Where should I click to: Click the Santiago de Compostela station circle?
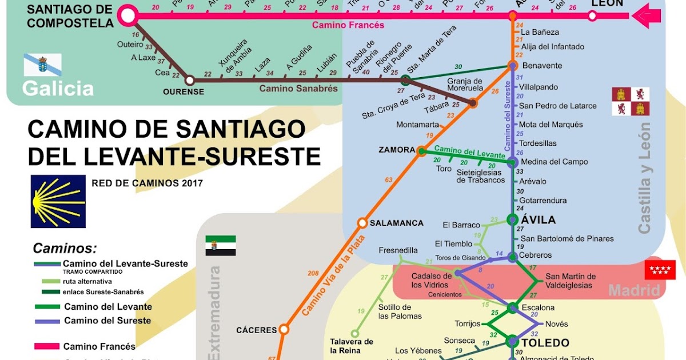[x=128, y=15]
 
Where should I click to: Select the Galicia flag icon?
[x=42, y=65]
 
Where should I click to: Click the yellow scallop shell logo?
[x=58, y=202]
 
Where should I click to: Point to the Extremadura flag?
[x=221, y=245]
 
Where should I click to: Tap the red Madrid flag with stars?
[x=660, y=270]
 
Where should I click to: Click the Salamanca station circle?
[x=362, y=223]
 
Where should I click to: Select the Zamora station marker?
[x=421, y=151]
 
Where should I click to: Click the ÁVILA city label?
[x=538, y=220]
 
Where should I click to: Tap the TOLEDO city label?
[x=545, y=343]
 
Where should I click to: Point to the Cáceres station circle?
[x=284, y=329]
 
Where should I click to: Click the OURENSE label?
[x=184, y=91]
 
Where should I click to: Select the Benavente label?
[x=542, y=66]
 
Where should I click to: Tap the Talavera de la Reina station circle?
[x=354, y=333]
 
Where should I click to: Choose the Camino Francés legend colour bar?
[x=47, y=346]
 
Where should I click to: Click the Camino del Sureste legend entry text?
[x=107, y=321]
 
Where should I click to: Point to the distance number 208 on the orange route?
[x=313, y=274]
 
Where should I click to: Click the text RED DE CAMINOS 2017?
[x=147, y=183]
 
